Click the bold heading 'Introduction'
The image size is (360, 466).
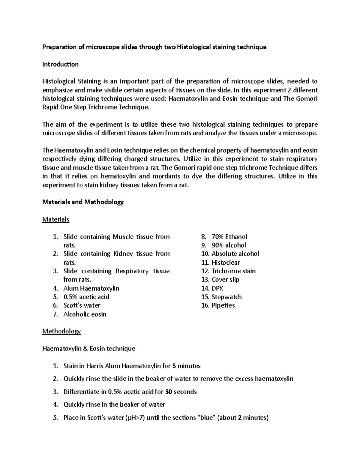pyautogui.click(x=60, y=64)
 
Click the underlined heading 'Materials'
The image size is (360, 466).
pyautogui.click(x=55, y=219)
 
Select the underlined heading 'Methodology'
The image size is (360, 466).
pyautogui.click(x=61, y=331)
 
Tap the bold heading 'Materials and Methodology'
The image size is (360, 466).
pyautogui.click(x=83, y=202)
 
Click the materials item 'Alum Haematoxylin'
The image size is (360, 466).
pyautogui.click(x=91, y=288)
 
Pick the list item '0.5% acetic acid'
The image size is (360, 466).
pyautogui.click(x=86, y=297)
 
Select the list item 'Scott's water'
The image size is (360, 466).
pyautogui.click(x=82, y=305)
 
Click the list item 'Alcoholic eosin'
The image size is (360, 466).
pyautogui.click(x=85, y=314)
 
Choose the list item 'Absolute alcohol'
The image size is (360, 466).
pyautogui.click(x=235, y=254)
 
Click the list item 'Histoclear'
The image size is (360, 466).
pyautogui.click(x=226, y=263)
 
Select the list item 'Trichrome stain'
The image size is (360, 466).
pyautogui.click(x=233, y=271)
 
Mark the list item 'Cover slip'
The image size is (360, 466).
pyautogui.click(x=225, y=280)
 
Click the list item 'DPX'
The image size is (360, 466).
pyautogui.click(x=217, y=288)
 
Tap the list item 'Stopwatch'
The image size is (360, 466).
pyautogui.click(x=226, y=297)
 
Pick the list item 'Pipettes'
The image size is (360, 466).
pyautogui.click(x=223, y=305)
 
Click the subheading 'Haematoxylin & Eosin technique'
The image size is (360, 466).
pyautogui.click(x=88, y=349)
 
